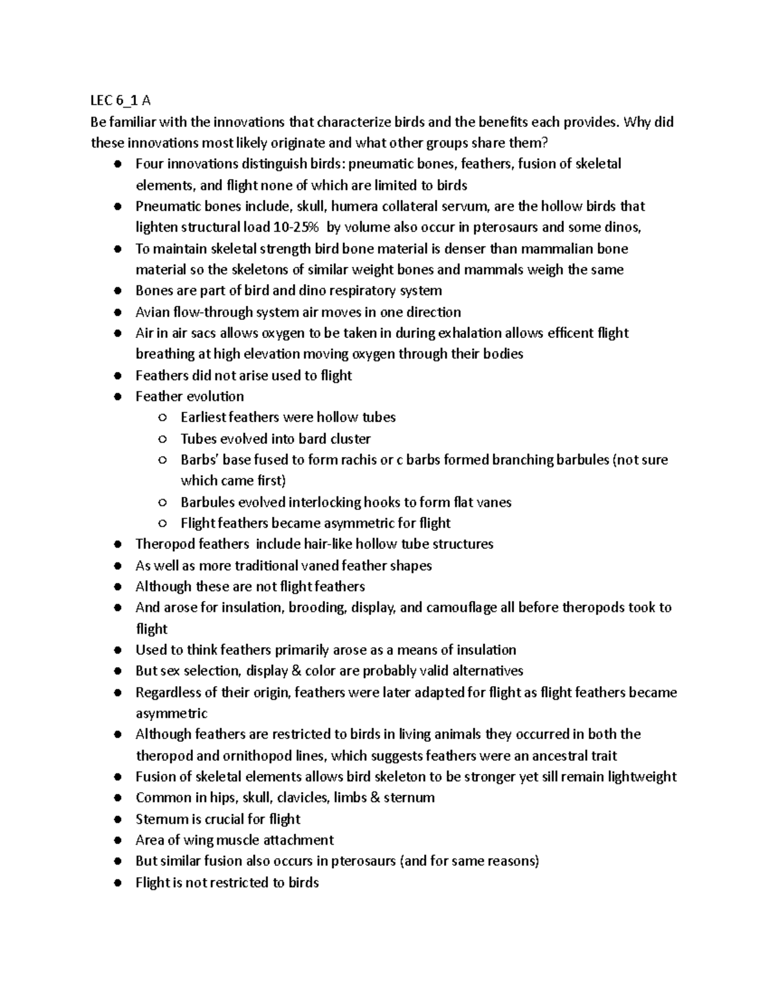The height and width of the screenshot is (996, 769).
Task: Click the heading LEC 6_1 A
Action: [x=120, y=100]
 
